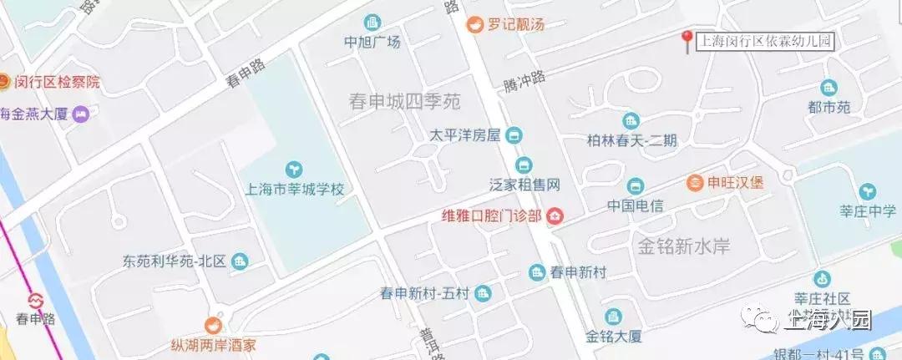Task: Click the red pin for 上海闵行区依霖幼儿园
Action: tap(686, 40)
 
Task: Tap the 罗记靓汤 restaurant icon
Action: tap(474, 24)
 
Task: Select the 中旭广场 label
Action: tap(372, 41)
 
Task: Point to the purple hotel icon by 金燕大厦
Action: tap(80, 114)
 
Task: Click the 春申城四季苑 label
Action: tap(405, 102)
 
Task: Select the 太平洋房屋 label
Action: tap(464, 134)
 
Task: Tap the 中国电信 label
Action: tap(635, 205)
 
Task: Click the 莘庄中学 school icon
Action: tap(868, 191)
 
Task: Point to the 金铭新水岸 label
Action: tap(684, 246)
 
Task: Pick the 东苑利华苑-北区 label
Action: tap(175, 261)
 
